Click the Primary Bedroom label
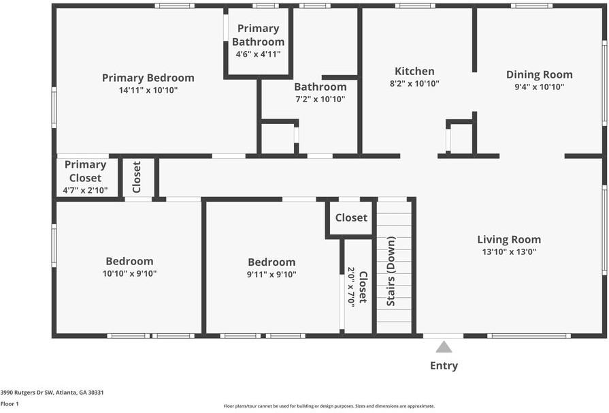coord(148,78)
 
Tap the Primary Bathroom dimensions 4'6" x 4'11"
coord(258,55)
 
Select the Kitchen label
coord(414,72)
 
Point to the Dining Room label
coord(539,75)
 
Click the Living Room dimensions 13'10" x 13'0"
coord(509,251)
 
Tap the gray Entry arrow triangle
coord(444,347)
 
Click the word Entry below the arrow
coord(444,366)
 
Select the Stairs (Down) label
coord(391,271)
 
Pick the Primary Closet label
coord(85,171)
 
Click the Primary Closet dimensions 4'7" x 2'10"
coord(85,190)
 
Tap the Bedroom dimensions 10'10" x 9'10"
coord(129,274)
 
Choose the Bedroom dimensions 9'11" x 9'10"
coord(271,275)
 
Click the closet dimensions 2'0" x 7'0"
coord(352,287)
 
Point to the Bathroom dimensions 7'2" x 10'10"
coord(320,100)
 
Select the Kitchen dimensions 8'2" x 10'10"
coord(414,84)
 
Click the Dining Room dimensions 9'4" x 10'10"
coord(539,87)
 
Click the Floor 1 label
coord(10,403)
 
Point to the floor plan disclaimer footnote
coord(329,406)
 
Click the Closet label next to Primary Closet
coord(137,177)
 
